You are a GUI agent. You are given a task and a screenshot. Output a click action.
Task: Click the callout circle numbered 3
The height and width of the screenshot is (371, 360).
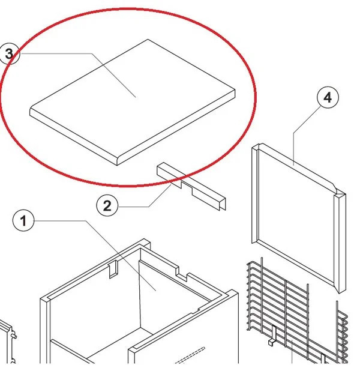pos(10,54)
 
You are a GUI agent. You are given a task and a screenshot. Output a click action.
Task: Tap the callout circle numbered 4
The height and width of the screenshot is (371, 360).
pos(328,97)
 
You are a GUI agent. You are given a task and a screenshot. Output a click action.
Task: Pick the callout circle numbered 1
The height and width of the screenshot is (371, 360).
pos(23,221)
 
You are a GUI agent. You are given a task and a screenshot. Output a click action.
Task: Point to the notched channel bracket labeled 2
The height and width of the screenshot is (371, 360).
pos(191,186)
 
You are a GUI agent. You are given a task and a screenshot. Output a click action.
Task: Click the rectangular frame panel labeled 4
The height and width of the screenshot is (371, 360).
pos(299,218)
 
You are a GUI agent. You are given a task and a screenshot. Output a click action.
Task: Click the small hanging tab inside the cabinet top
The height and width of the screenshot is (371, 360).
pos(113,270)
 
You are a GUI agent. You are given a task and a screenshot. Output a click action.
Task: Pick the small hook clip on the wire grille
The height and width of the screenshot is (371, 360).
pos(273,336)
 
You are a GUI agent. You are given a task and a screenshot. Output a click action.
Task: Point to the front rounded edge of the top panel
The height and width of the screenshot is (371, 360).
pos(73,140)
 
